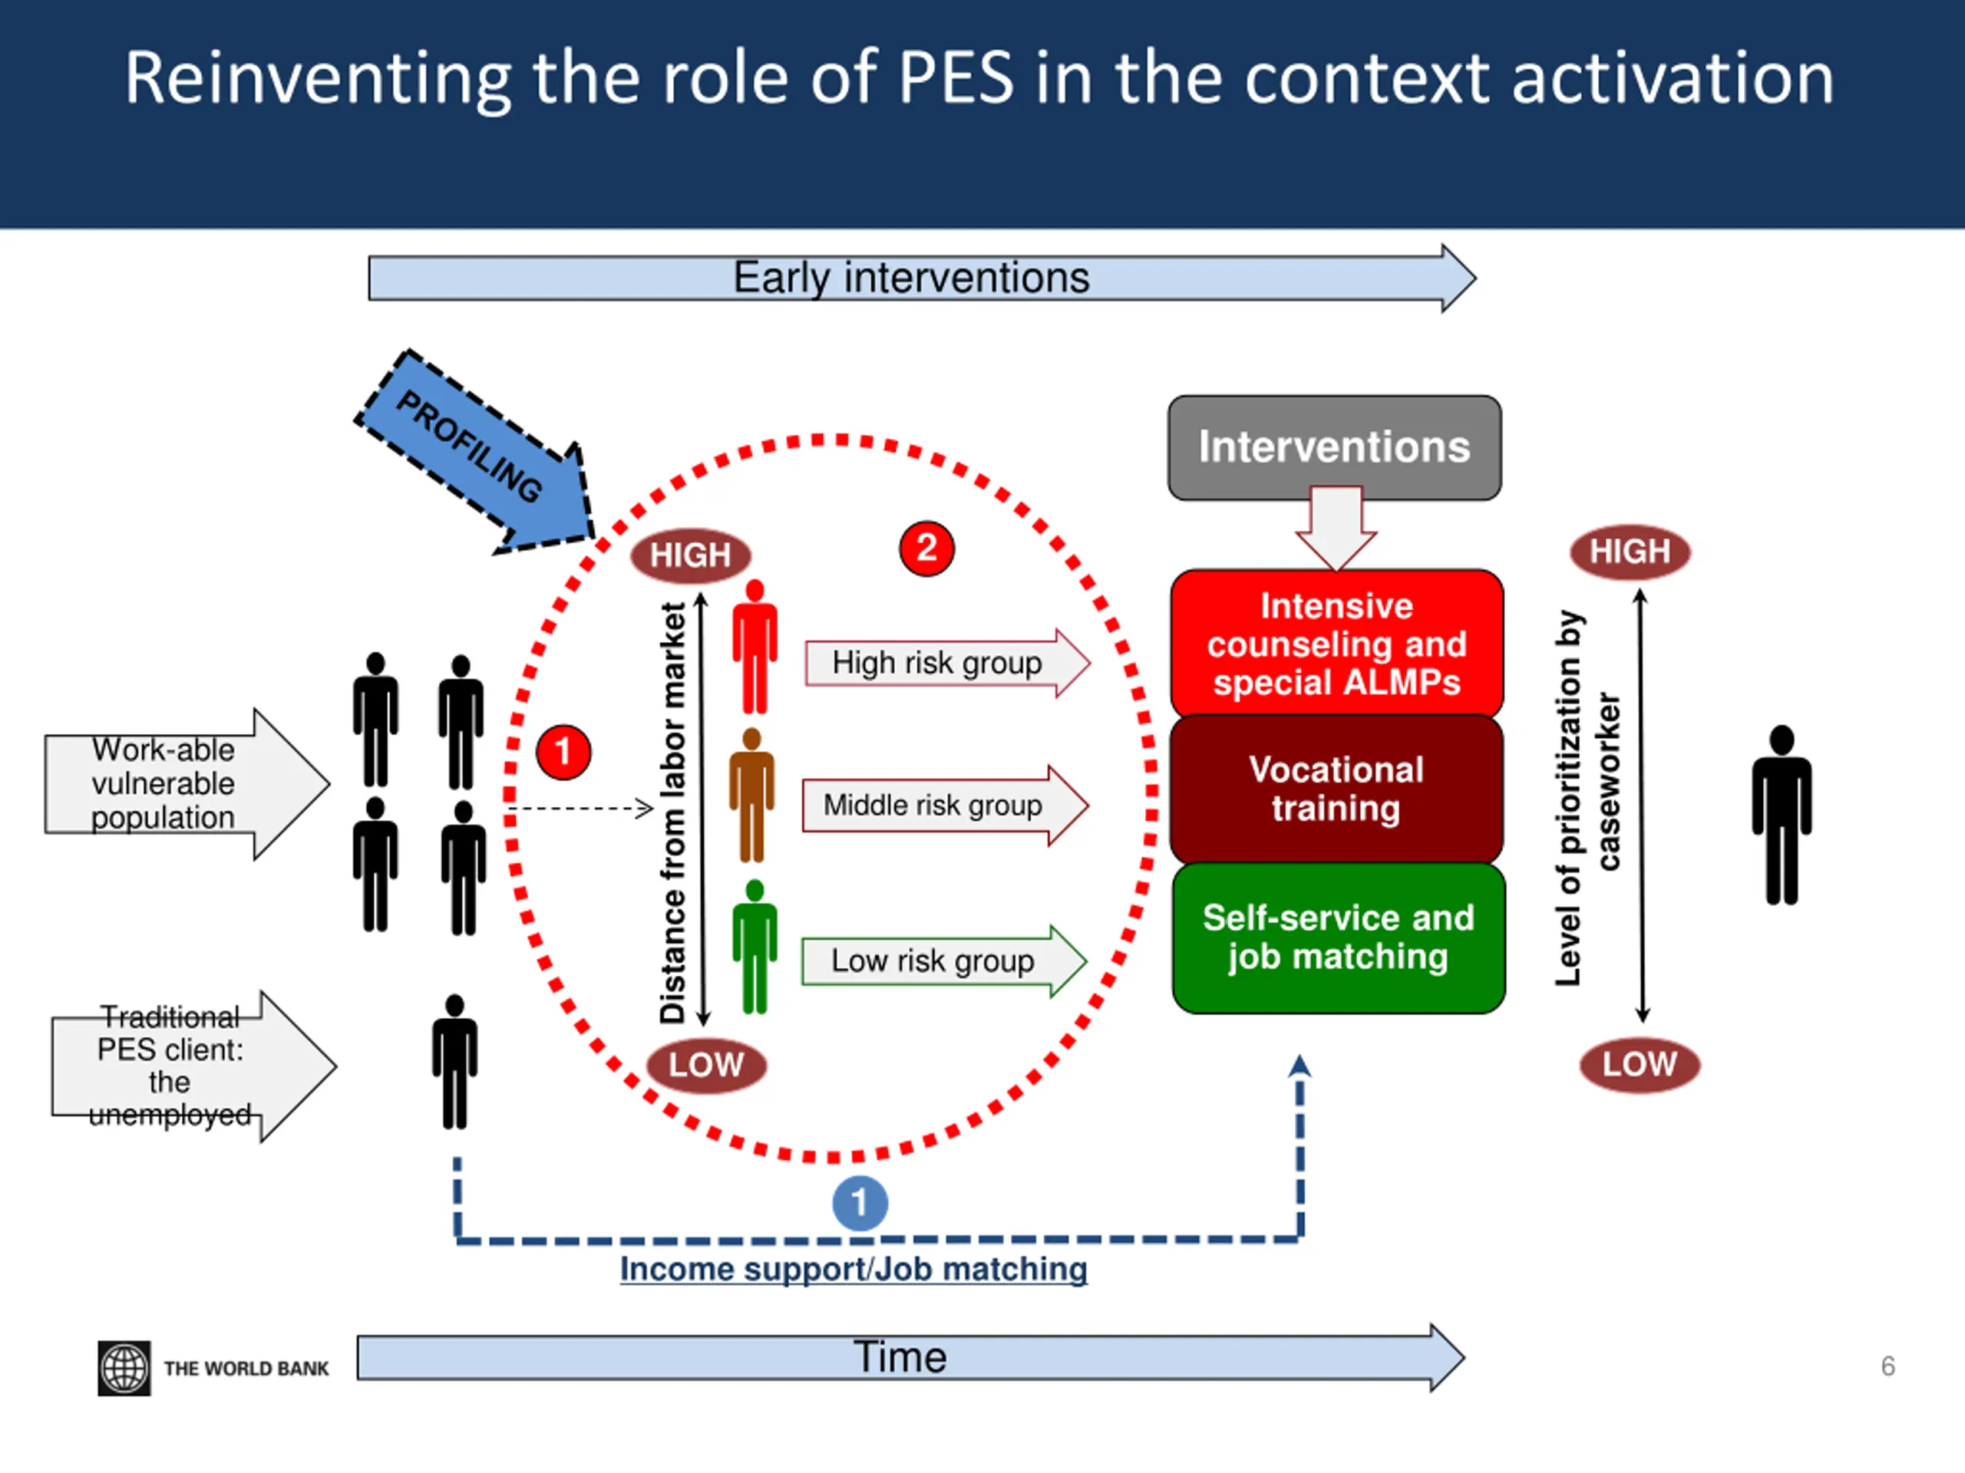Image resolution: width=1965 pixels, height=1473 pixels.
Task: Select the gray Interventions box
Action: pyautogui.click(x=1334, y=447)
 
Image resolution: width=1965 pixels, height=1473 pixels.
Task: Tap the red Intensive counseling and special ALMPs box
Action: pyautogui.click(x=1337, y=644)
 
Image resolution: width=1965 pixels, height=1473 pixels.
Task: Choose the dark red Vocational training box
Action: pyautogui.click(x=1337, y=789)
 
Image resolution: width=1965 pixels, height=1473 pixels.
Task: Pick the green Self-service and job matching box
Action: pyautogui.click(x=1339, y=938)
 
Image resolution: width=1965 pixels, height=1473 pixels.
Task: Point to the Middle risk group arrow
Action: pyautogui.click(x=945, y=806)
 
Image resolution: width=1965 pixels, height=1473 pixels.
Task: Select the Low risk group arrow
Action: pyautogui.click(x=944, y=961)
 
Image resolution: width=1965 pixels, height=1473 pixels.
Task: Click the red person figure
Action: pyautogui.click(x=755, y=647)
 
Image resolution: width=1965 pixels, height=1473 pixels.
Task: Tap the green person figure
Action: pyautogui.click(x=755, y=947)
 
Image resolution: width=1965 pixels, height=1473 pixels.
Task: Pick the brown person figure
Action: pyautogui.click(x=752, y=796)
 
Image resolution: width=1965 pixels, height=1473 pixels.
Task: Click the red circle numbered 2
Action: pyautogui.click(x=926, y=548)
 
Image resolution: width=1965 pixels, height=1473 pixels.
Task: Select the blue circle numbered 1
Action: pyautogui.click(x=860, y=1203)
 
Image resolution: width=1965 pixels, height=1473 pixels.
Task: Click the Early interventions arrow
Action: pyautogui.click(x=922, y=278)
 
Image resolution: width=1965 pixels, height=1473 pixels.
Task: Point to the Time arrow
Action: pyautogui.click(x=910, y=1358)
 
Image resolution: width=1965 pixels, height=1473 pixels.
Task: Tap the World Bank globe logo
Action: pyautogui.click(x=124, y=1368)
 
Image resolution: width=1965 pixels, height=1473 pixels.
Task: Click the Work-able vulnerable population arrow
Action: pyautogui.click(x=187, y=784)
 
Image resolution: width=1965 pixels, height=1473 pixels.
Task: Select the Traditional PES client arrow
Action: pyautogui.click(x=193, y=1066)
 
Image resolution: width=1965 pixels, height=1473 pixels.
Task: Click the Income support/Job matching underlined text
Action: pyautogui.click(x=854, y=1270)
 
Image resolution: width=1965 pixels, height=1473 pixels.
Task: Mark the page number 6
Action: pyautogui.click(x=1887, y=1366)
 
